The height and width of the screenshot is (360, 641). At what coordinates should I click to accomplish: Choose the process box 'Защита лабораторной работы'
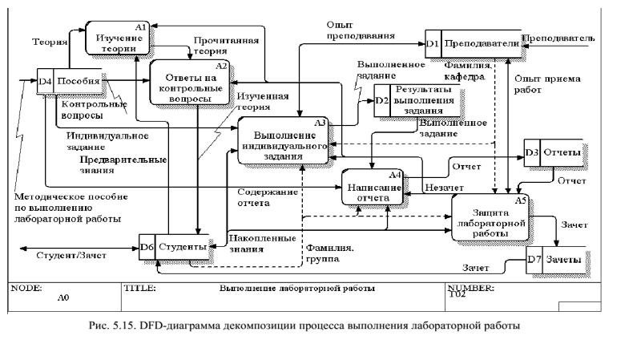coord(490,218)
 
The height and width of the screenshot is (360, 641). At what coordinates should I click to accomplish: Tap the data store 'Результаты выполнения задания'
coord(429,100)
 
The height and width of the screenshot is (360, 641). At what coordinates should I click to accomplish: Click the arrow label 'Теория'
coord(47,40)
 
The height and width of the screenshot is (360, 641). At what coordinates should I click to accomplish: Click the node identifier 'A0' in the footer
coord(65,296)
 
